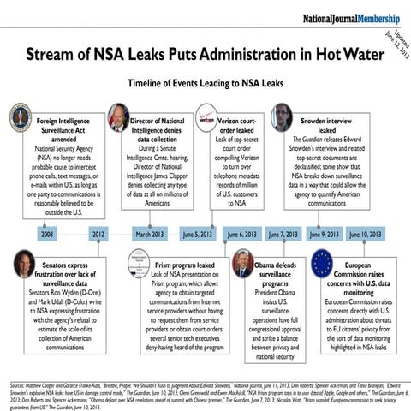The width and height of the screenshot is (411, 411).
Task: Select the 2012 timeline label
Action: pyautogui.click(x=98, y=234)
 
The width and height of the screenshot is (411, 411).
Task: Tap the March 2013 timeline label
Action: pyautogui.click(x=150, y=234)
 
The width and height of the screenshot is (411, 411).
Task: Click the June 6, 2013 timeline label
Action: pyautogui.click(x=241, y=234)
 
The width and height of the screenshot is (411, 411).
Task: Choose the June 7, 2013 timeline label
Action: pyautogui.click(x=283, y=234)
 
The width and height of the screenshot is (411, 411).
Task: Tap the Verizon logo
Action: pyautogui.click(x=208, y=117)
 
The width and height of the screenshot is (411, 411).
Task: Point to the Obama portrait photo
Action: pyautogui.click(x=242, y=262)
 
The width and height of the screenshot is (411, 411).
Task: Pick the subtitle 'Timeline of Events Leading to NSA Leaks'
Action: pyautogui.click(x=205, y=85)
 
